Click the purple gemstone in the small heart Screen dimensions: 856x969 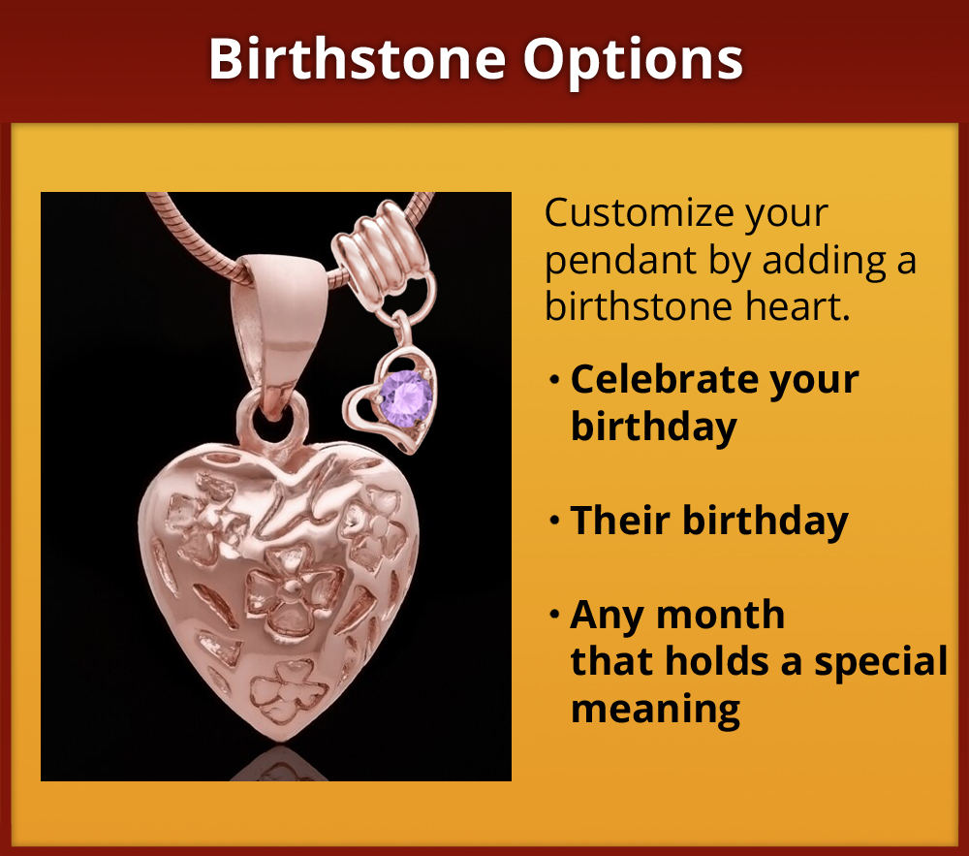(x=406, y=397)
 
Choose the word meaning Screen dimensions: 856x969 (x=655, y=709)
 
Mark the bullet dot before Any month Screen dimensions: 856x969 (x=554, y=615)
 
